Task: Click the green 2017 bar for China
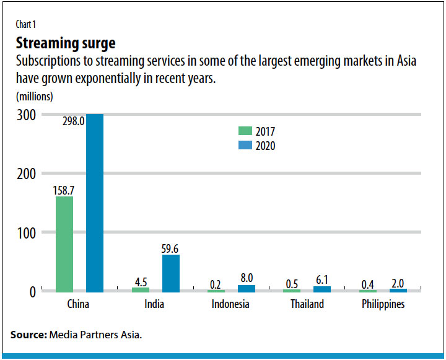click(64, 244)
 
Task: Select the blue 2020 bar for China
click(94, 203)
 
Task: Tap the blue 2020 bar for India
click(170, 273)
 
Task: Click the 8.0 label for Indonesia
click(247, 278)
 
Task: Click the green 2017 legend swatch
click(245, 131)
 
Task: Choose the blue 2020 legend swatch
click(245, 146)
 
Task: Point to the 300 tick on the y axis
click(25, 115)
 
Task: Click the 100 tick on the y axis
click(25, 233)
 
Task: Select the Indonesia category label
click(230, 304)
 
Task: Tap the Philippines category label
click(383, 304)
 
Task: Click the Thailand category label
click(308, 304)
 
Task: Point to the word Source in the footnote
click(27, 335)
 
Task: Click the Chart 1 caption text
click(27, 25)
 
